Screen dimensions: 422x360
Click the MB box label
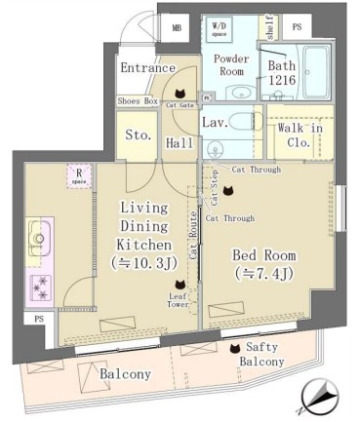click(x=177, y=28)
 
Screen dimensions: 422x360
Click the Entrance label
click(x=147, y=68)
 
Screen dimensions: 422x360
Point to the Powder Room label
click(x=232, y=64)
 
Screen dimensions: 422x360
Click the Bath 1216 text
click(x=283, y=72)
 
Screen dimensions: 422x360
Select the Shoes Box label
click(x=138, y=101)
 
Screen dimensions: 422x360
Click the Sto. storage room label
click(x=138, y=135)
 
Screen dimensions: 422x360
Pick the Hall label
click(x=179, y=142)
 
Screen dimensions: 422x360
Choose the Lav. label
click(x=215, y=124)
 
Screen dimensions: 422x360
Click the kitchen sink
click(x=39, y=234)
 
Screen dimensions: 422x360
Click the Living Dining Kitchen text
click(x=146, y=234)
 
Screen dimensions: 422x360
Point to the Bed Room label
click(x=263, y=263)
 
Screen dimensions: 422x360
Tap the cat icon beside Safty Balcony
click(x=232, y=347)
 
